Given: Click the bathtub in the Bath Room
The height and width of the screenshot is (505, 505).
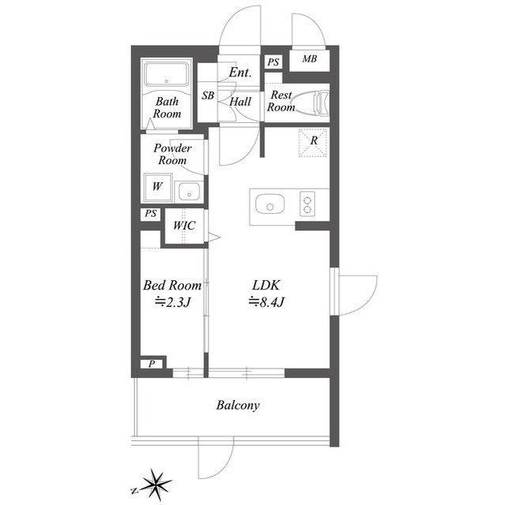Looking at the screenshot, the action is [166, 74].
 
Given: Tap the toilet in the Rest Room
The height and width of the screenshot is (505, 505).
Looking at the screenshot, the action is [312, 103].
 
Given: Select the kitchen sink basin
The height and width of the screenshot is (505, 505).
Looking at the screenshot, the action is [270, 204].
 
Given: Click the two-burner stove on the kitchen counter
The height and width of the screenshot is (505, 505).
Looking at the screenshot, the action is [307, 204].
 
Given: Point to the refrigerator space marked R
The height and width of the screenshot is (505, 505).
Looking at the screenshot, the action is [313, 142].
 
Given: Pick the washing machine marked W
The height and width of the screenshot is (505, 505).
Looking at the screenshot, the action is [158, 187].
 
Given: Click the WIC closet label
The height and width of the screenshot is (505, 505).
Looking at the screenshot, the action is [184, 226].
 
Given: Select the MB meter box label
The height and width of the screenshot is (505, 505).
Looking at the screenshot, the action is [309, 58].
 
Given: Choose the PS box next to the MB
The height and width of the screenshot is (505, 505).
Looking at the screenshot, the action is [274, 62].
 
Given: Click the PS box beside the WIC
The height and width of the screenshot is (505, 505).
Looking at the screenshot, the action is [151, 214].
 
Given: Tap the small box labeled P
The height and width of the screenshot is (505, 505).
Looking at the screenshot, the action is [151, 364].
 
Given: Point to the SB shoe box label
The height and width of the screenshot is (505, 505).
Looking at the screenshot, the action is [208, 95].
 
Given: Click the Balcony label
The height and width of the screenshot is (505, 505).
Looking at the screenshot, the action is [238, 405].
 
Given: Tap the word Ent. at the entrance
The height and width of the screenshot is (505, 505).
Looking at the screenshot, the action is [240, 73].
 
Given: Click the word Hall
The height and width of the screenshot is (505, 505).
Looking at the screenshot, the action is [240, 102].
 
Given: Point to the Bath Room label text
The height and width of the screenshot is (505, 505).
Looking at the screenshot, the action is [166, 107].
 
